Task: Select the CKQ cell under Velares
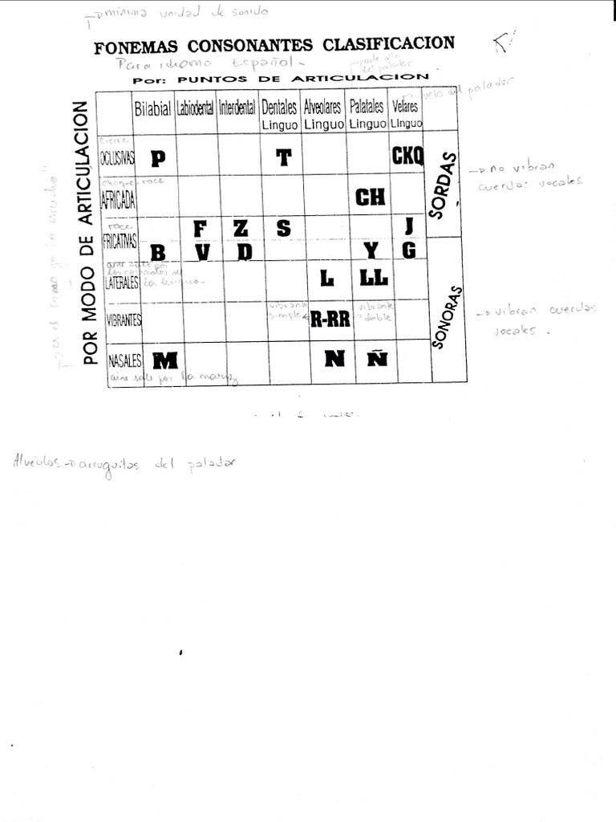(x=407, y=156)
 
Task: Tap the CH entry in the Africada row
(x=370, y=197)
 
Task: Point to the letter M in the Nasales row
(x=165, y=359)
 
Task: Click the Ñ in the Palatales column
(x=378, y=359)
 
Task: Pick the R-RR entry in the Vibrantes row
(x=330, y=319)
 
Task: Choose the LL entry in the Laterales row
(x=374, y=278)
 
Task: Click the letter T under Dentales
(x=283, y=157)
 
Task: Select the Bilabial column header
(x=152, y=109)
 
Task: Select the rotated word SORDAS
(x=444, y=185)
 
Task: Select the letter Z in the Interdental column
(x=241, y=228)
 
